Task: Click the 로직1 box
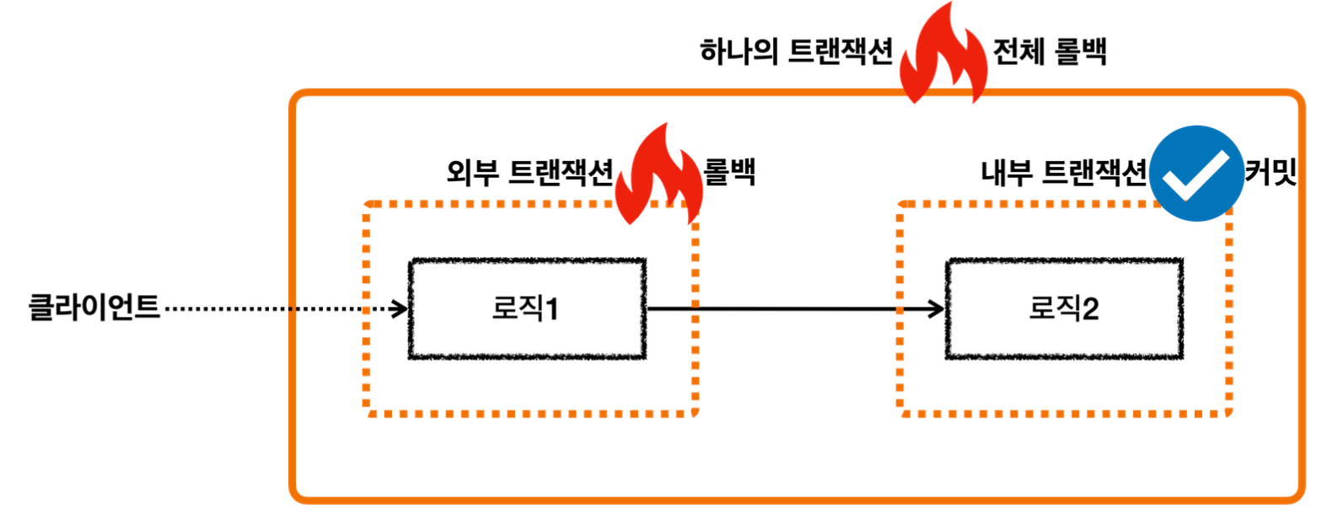[x=527, y=309]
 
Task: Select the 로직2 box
[x=1063, y=309]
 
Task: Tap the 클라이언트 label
[x=94, y=307]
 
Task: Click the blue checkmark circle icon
[x=1195, y=174]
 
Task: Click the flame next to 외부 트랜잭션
[x=658, y=175]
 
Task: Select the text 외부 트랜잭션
[x=529, y=173]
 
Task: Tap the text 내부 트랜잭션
[x=1063, y=173]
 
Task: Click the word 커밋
[x=1271, y=172]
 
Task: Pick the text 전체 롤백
[x=1049, y=51]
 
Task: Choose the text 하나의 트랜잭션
[x=796, y=51]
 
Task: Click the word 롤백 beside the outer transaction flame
[x=730, y=172]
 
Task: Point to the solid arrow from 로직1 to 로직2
[x=792, y=309]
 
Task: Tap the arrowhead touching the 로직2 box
[x=937, y=309]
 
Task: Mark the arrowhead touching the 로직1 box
[x=400, y=309]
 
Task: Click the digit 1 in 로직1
[x=551, y=309]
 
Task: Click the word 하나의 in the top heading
[x=739, y=51]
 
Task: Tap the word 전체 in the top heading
[x=1018, y=51]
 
